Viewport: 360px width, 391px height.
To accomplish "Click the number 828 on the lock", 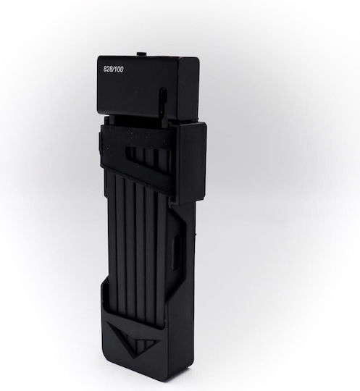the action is (x=108, y=69).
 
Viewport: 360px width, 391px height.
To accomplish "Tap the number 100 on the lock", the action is (x=118, y=70).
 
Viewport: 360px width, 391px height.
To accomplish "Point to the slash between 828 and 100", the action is (x=113, y=70).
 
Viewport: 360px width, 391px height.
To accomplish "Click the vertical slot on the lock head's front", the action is (x=163, y=98).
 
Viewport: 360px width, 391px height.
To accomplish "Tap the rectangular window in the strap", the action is (x=147, y=156).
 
